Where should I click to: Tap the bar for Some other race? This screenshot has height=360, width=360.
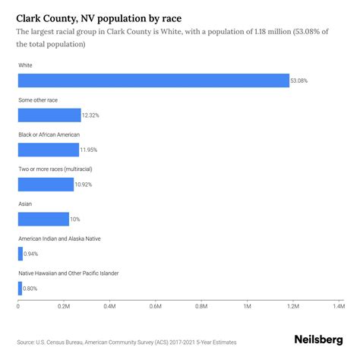(x=49, y=115)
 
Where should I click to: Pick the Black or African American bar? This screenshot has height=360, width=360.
(x=48, y=150)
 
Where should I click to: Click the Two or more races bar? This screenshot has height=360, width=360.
(x=46, y=184)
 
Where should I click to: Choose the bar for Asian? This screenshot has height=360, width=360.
(x=43, y=219)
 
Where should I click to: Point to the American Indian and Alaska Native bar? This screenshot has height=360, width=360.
(x=21, y=254)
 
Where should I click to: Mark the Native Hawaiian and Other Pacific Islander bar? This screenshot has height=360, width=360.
(x=20, y=288)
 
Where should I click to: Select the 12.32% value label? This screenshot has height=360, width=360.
(x=92, y=115)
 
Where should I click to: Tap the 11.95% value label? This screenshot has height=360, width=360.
(x=90, y=150)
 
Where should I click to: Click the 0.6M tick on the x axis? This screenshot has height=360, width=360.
(x=156, y=306)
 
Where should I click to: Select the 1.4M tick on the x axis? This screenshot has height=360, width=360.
(x=339, y=306)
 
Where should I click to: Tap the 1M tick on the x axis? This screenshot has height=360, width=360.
(x=248, y=306)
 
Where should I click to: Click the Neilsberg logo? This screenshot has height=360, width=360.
(x=317, y=339)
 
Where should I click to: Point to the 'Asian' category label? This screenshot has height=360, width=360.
(x=26, y=203)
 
